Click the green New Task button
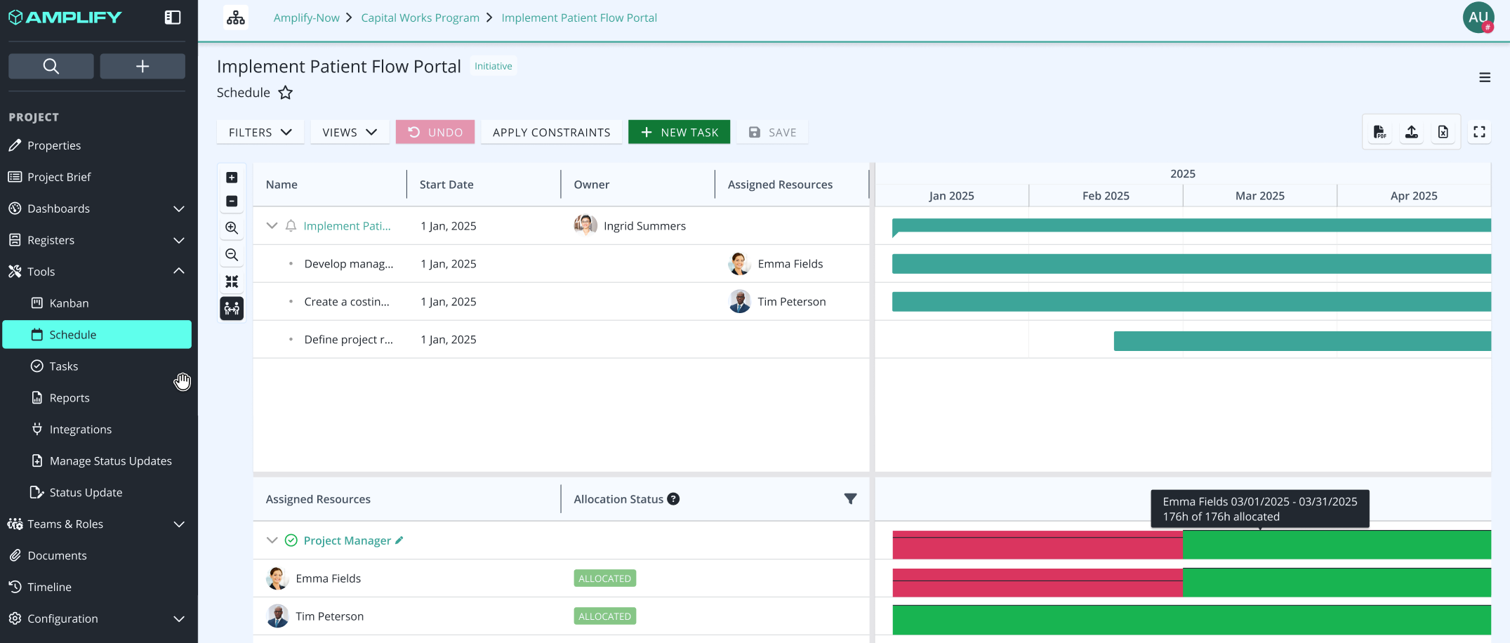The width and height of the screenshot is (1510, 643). click(x=679, y=132)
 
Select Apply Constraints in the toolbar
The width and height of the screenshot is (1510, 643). click(x=551, y=132)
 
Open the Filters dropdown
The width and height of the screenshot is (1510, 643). click(x=260, y=132)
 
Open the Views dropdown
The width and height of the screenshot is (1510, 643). click(x=350, y=132)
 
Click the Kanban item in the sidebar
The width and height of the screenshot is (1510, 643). click(x=69, y=303)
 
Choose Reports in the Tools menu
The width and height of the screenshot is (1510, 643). click(x=69, y=398)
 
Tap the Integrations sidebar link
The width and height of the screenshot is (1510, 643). click(x=80, y=430)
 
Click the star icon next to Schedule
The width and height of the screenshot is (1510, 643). click(x=286, y=93)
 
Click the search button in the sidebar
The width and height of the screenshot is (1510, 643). click(x=51, y=66)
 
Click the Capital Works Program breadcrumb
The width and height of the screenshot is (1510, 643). click(x=420, y=18)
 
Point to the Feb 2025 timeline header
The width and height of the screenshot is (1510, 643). click(x=1106, y=196)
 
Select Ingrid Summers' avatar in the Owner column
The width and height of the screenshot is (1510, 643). click(x=585, y=225)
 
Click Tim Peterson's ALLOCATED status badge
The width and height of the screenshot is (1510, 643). click(x=604, y=616)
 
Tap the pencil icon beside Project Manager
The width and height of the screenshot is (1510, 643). click(x=399, y=540)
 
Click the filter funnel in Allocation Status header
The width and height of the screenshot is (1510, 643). click(x=850, y=499)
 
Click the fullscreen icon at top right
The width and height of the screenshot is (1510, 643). click(x=1479, y=132)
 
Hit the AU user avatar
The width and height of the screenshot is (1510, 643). click(x=1478, y=18)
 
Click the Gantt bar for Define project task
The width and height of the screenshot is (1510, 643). click(x=1302, y=340)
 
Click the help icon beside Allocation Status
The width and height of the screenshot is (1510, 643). click(x=673, y=499)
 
